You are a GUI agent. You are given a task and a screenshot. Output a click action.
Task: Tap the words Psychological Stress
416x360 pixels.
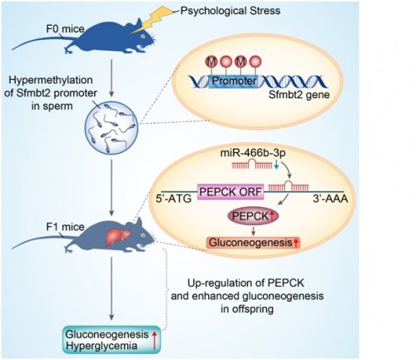[230, 11]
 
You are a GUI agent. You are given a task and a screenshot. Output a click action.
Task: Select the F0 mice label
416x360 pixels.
[65, 29]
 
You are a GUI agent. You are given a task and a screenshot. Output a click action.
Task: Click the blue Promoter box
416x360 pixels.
[234, 81]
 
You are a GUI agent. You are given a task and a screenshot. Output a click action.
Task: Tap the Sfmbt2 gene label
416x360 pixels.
[300, 96]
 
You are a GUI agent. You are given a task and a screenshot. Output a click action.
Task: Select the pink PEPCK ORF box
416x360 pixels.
[230, 192]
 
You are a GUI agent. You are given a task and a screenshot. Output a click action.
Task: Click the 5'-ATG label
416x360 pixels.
[174, 199]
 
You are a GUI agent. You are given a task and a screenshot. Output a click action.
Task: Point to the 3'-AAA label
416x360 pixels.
[330, 199]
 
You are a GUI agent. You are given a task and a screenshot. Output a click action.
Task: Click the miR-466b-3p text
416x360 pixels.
[253, 153]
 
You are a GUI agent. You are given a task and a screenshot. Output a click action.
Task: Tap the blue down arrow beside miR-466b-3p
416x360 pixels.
[276, 165]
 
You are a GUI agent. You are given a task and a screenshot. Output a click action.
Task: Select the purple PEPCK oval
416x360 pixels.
[253, 216]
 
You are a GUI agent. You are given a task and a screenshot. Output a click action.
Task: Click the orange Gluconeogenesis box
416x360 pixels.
[253, 243]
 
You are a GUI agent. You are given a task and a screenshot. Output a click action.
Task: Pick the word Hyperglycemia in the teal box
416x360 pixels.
[102, 346]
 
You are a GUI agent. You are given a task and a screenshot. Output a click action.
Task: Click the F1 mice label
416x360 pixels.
[65, 227]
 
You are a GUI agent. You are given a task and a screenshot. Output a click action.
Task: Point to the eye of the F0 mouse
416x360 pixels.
[142, 37]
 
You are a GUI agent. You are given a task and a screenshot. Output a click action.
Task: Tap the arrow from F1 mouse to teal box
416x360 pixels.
[111, 288]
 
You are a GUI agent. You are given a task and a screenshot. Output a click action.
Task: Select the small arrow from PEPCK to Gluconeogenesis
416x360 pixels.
[253, 231]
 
